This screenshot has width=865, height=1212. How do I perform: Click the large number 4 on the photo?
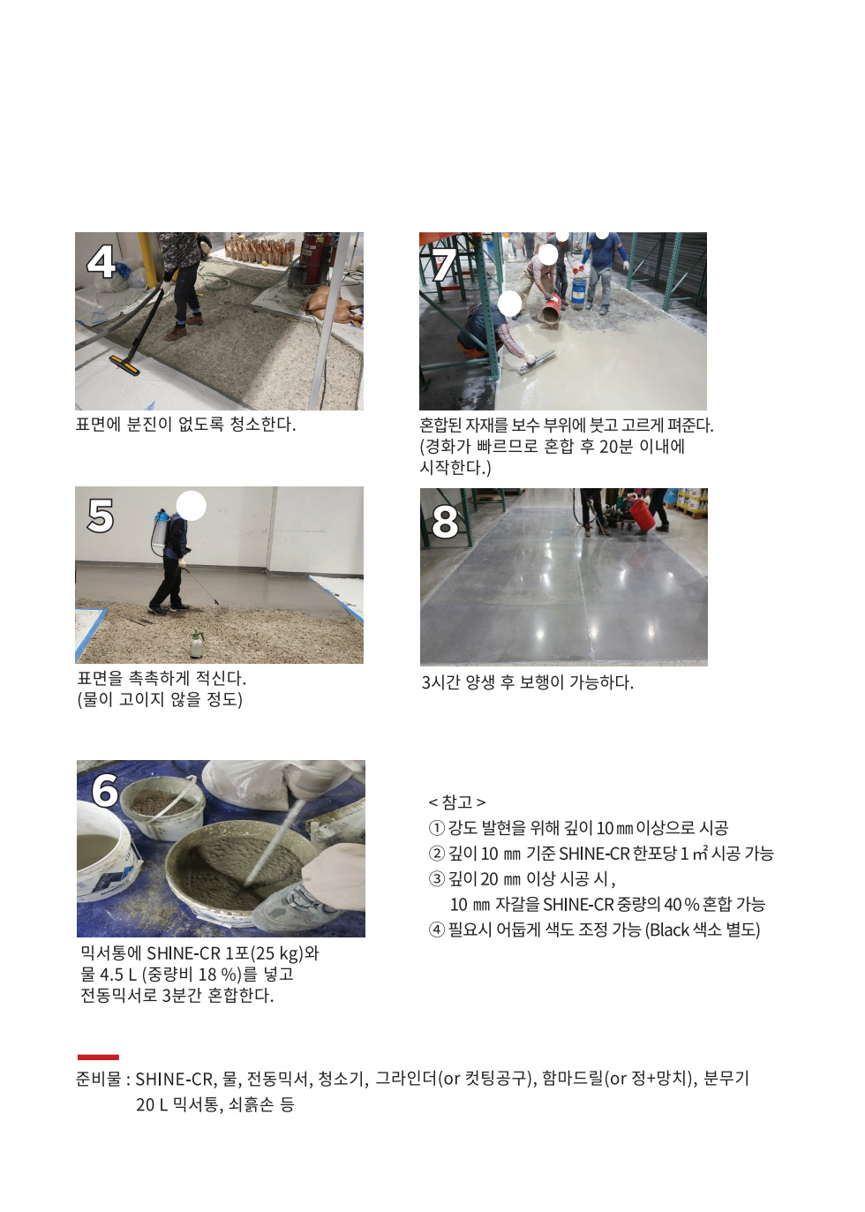[x=101, y=262]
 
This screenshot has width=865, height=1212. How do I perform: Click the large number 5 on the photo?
[x=101, y=516]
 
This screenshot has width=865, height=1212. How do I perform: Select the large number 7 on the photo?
[x=444, y=265]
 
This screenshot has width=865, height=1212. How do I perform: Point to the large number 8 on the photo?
[x=445, y=522]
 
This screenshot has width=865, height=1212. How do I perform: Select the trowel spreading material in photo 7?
[x=536, y=362]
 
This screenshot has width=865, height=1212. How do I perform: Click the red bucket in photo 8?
[x=641, y=516]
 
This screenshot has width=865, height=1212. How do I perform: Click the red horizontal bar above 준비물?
[x=98, y=1057]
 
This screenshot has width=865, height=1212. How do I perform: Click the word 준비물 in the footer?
[x=98, y=1079]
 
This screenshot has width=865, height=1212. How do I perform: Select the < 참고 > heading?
[x=456, y=802]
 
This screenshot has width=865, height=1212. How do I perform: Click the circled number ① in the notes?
[x=436, y=828]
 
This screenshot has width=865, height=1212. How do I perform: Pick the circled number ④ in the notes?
[x=437, y=930]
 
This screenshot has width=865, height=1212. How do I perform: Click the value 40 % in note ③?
[x=681, y=904]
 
